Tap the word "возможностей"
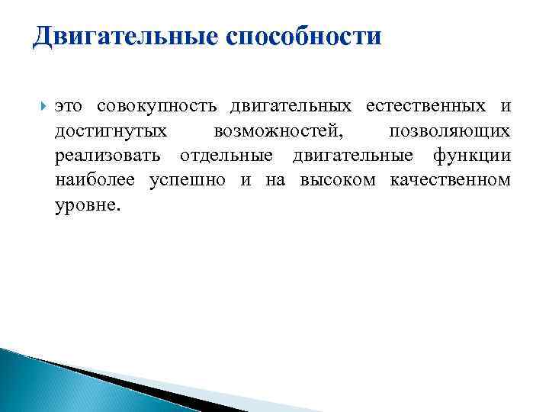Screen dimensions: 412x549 (x=278, y=131)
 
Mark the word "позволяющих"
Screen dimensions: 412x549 (x=450, y=131)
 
